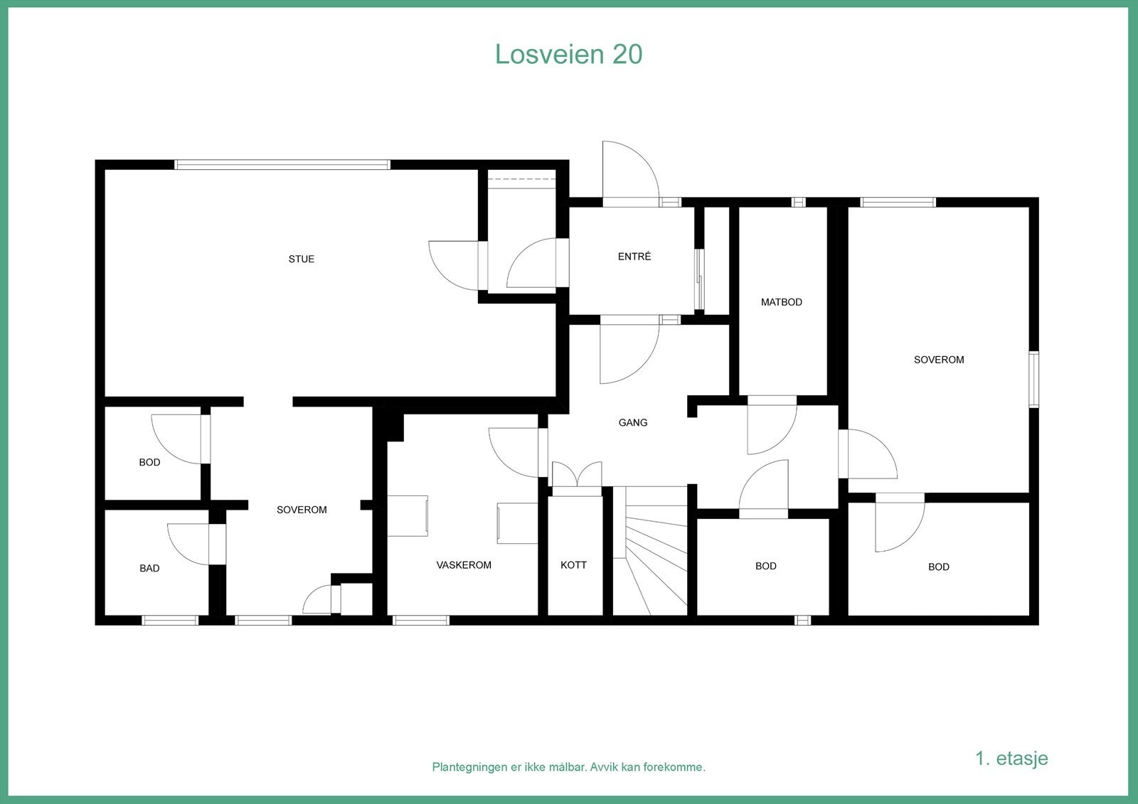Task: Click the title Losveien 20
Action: (x=568, y=54)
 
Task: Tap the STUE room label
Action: (x=301, y=259)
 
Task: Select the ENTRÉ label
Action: (x=634, y=257)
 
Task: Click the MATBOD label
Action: (x=781, y=302)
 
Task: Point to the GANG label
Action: (x=632, y=422)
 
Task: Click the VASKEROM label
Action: (x=464, y=565)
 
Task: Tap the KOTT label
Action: (x=573, y=565)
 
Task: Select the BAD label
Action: (x=149, y=568)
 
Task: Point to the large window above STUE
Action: (x=282, y=165)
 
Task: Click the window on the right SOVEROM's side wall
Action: (x=1033, y=379)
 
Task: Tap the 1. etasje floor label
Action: (x=1011, y=758)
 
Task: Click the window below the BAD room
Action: (x=170, y=620)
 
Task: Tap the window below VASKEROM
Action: (x=421, y=620)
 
